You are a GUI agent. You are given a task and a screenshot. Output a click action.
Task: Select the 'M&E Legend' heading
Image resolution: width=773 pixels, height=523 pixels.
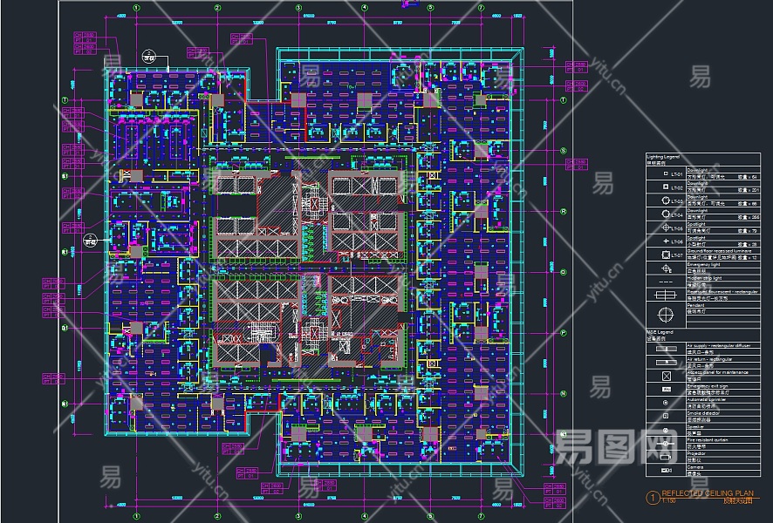[x=660, y=332]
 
